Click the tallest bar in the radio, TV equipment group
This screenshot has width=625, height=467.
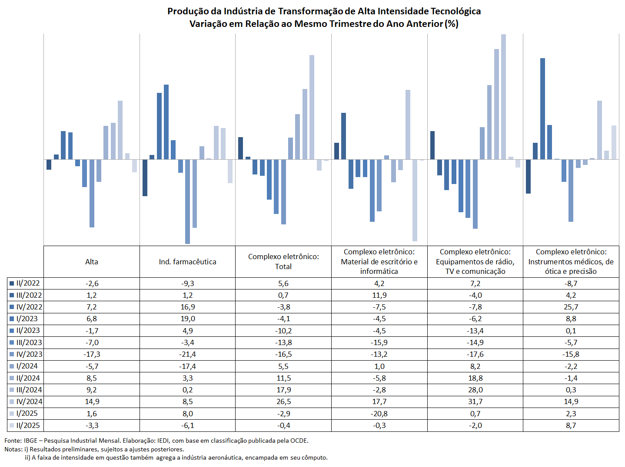pyautogui.click(x=503, y=97)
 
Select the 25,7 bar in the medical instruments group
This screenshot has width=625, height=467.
pyautogui.click(x=542, y=109)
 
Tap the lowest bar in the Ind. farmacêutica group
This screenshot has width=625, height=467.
pyautogui.click(x=187, y=201)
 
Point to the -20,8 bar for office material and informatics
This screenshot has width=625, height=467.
pyautogui.click(x=415, y=200)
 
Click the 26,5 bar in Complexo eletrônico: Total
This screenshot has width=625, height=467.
pyautogui.click(x=312, y=107)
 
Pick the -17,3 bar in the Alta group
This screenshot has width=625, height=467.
pyautogui.click(x=92, y=193)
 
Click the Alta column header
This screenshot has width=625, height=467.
pyautogui.click(x=91, y=262)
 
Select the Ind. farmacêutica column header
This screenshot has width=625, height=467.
pyautogui.click(x=187, y=262)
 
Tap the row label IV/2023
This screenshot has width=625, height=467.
pyautogui.click(x=29, y=354)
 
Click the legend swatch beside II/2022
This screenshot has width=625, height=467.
pyautogui.click(x=12, y=283)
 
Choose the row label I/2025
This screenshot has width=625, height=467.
pyautogui.click(x=27, y=413)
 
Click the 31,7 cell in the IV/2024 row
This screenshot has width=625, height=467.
pyautogui.click(x=475, y=401)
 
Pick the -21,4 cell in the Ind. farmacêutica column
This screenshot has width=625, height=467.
pyautogui.click(x=187, y=354)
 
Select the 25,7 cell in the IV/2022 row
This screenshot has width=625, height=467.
pyautogui.click(x=571, y=307)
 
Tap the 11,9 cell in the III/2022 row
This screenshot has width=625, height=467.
pyautogui.click(x=379, y=295)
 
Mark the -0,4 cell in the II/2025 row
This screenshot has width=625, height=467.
pyautogui.click(x=283, y=425)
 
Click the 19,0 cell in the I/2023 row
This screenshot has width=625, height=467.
pyautogui.click(x=187, y=319)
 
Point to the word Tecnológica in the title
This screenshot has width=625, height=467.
pyautogui.click(x=455, y=11)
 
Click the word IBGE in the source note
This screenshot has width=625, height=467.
pyautogui.click(x=30, y=441)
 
